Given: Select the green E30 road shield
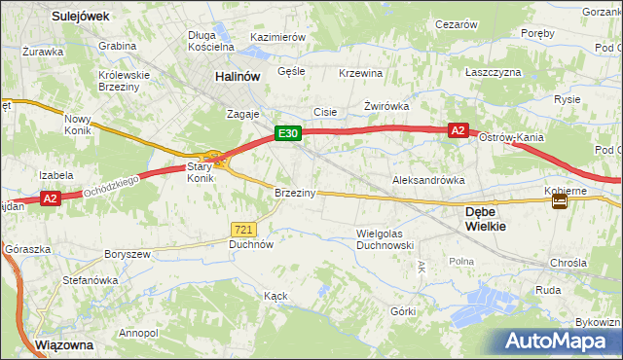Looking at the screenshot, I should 286,133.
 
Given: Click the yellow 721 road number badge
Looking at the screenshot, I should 244,229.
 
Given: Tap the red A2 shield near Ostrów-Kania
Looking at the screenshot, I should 458,129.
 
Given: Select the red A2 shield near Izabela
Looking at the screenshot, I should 53,198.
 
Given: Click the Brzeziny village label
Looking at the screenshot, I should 295,193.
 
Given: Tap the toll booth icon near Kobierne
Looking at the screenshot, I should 561,201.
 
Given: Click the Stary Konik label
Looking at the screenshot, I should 200,172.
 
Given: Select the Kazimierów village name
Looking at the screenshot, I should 278,36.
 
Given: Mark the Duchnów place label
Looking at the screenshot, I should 250,245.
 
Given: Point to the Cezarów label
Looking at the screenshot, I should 457,23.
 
